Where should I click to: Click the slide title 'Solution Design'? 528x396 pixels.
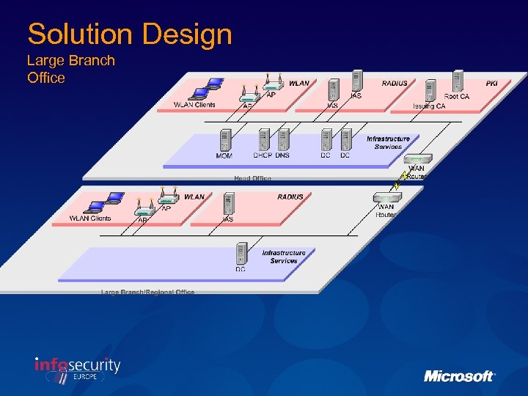pos(130,34)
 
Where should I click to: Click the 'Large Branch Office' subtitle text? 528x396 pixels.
pos(70,69)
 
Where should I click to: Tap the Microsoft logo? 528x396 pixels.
pos(460,376)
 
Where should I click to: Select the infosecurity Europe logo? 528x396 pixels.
pos(77,369)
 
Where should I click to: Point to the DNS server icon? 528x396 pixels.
pos(283,140)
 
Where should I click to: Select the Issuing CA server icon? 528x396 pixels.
pos(429,92)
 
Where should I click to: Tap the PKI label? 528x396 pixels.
pos(491,84)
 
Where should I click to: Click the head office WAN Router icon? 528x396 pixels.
pos(417,159)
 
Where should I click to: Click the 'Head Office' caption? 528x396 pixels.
pos(252,178)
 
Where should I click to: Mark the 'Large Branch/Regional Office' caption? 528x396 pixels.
pos(147,292)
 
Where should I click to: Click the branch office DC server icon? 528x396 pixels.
pos(241,254)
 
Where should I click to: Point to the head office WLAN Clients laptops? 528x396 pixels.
pos(205,88)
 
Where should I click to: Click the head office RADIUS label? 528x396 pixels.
pos(395,84)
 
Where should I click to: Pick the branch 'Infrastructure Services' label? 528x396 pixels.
pos(284,257)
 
